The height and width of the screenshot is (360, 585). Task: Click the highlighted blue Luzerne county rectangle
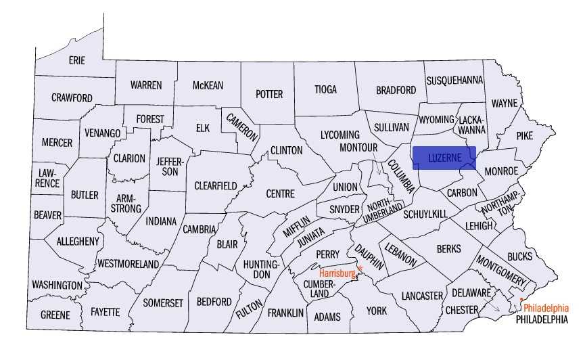click(444, 157)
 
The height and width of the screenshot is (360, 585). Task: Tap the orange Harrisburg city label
click(337, 273)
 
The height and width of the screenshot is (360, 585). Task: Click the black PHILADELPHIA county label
click(541, 319)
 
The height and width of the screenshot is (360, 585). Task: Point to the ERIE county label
click(77, 60)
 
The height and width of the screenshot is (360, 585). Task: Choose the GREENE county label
click(55, 315)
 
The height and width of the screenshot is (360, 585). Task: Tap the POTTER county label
click(268, 94)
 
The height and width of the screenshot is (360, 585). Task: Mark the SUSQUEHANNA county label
click(454, 80)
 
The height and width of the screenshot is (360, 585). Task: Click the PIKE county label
click(525, 135)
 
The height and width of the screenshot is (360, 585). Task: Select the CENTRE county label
click(280, 194)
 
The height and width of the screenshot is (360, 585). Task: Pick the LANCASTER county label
click(421, 296)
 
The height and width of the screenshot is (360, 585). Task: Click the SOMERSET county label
click(163, 302)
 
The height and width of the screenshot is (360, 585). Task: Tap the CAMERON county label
click(242, 127)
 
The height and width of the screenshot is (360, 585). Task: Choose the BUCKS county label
click(519, 256)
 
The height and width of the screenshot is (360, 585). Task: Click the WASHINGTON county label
click(57, 284)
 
